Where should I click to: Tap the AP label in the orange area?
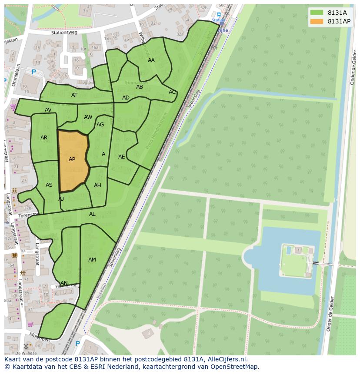coord(72,159)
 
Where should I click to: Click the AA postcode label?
coord(151,60)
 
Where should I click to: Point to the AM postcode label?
coord(92,260)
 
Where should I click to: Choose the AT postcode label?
coord(74,95)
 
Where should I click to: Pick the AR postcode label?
coord(44,138)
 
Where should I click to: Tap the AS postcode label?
coord(49,185)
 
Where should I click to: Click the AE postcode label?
coord(122,156)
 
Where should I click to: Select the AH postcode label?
coord(97,185)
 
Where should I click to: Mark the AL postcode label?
coord(92,214)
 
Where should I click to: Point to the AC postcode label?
coord(172,92)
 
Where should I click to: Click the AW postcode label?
coord(88,117)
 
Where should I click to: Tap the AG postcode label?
coord(100,125)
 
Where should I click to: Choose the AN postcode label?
coord(64,283)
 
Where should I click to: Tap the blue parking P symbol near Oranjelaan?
coord(34,72)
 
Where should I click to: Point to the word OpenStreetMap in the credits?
coord(235,367)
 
